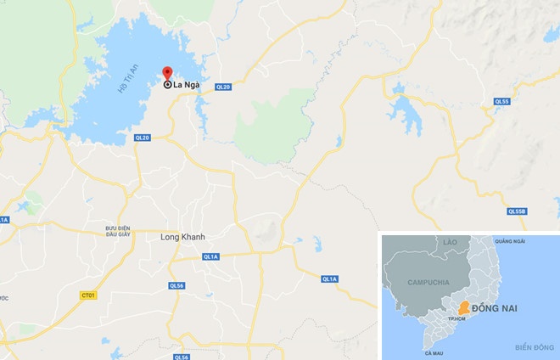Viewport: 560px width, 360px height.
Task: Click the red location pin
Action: [x=166, y=72]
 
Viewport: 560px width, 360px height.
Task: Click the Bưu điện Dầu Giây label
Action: [x=117, y=233]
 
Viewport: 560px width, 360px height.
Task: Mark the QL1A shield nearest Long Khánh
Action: [x=210, y=256]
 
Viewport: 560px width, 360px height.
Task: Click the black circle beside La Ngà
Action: [x=167, y=85]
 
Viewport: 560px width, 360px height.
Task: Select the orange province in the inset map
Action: [x=464, y=308]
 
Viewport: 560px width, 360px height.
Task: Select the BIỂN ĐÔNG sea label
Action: [x=534, y=348]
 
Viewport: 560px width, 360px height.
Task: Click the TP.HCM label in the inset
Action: [x=459, y=319]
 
